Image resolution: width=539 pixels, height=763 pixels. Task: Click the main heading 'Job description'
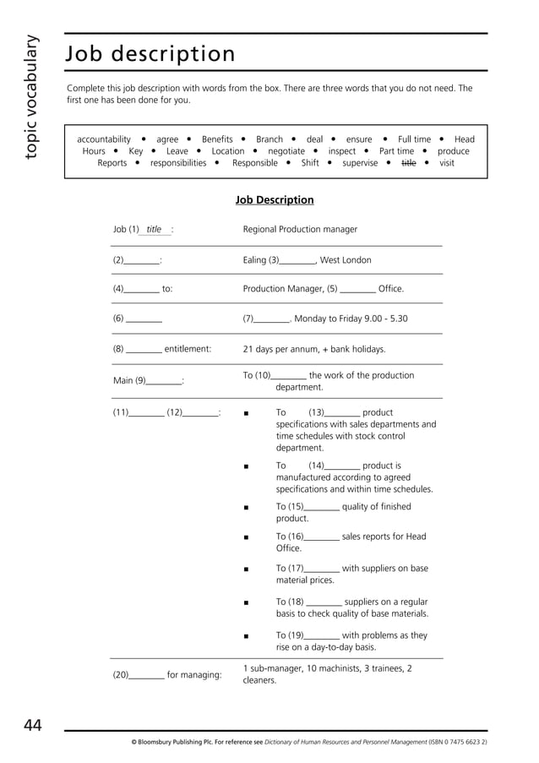(x=150, y=54)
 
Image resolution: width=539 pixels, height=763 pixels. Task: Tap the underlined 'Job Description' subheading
(x=275, y=200)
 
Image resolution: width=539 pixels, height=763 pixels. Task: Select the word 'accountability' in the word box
(x=104, y=139)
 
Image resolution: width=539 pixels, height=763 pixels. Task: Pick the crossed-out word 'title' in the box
(x=409, y=163)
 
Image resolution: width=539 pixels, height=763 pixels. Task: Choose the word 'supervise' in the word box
(x=360, y=163)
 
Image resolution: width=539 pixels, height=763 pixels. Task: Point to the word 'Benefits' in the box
(x=217, y=139)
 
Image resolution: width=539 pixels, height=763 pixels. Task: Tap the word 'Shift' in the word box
(x=310, y=163)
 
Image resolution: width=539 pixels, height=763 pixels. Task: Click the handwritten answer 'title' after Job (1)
(x=154, y=229)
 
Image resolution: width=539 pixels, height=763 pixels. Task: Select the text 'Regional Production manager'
(x=300, y=229)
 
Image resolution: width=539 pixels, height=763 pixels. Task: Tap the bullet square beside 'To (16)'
(x=245, y=537)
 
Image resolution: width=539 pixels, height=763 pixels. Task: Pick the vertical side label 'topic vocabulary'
(x=31, y=97)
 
